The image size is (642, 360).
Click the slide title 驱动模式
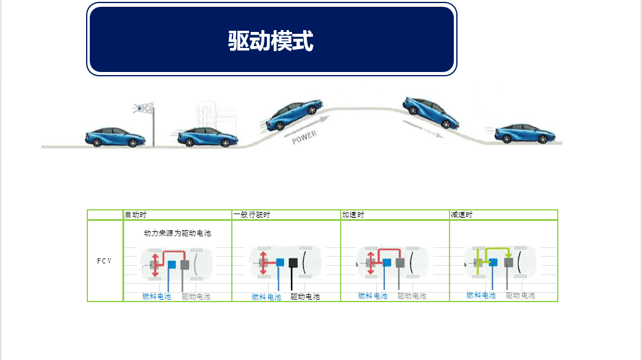[271, 42]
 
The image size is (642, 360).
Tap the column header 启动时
[135, 215]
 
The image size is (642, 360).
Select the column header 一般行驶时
[252, 215]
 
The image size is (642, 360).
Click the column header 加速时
[353, 215]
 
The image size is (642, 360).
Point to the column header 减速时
[462, 215]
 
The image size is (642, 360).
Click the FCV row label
[105, 261]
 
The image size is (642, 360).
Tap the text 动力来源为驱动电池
[178, 233]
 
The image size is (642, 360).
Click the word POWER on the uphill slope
[304, 136]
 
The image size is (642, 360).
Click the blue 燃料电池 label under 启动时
[157, 297]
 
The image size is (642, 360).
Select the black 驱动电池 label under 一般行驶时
[305, 297]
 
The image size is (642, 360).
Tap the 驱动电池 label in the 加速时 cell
[412, 296]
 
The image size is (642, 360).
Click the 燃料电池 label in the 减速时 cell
[481, 295]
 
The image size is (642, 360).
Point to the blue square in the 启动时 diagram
[172, 265]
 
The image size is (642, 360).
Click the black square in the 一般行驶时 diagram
[293, 263]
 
